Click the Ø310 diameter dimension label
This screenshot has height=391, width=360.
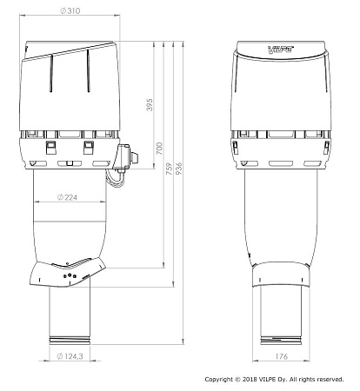[70, 11]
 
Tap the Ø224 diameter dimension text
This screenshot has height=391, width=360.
[67, 197]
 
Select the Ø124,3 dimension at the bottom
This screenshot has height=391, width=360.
[70, 356]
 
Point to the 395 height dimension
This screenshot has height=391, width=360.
[150, 104]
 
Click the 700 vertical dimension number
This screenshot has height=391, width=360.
[159, 149]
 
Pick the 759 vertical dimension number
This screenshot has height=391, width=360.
[169, 169]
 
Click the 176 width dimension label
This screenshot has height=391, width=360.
[281, 356]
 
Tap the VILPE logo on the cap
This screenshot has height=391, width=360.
[281, 50]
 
